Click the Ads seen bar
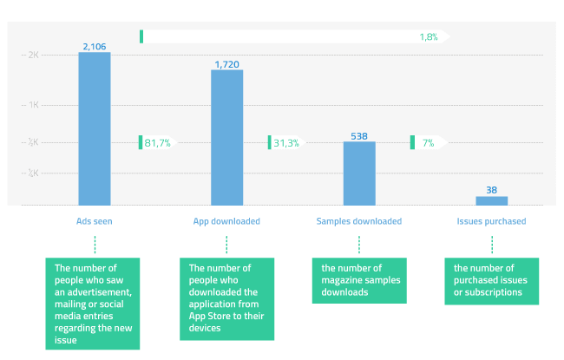[95, 128]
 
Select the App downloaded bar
[226, 137]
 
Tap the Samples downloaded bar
[359, 173]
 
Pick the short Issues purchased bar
[491, 200]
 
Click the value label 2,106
[95, 45]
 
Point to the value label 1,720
[226, 63]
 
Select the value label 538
[359, 135]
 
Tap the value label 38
[491, 190]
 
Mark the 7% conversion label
[428, 142]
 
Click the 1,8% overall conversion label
[428, 36]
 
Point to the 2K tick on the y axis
[34, 55]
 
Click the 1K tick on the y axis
[34, 104]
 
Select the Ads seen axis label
[95, 221]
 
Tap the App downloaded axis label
[226, 221]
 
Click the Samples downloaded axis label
[359, 221]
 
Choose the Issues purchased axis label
[491, 221]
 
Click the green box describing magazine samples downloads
[359, 280]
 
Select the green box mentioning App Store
[226, 298]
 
